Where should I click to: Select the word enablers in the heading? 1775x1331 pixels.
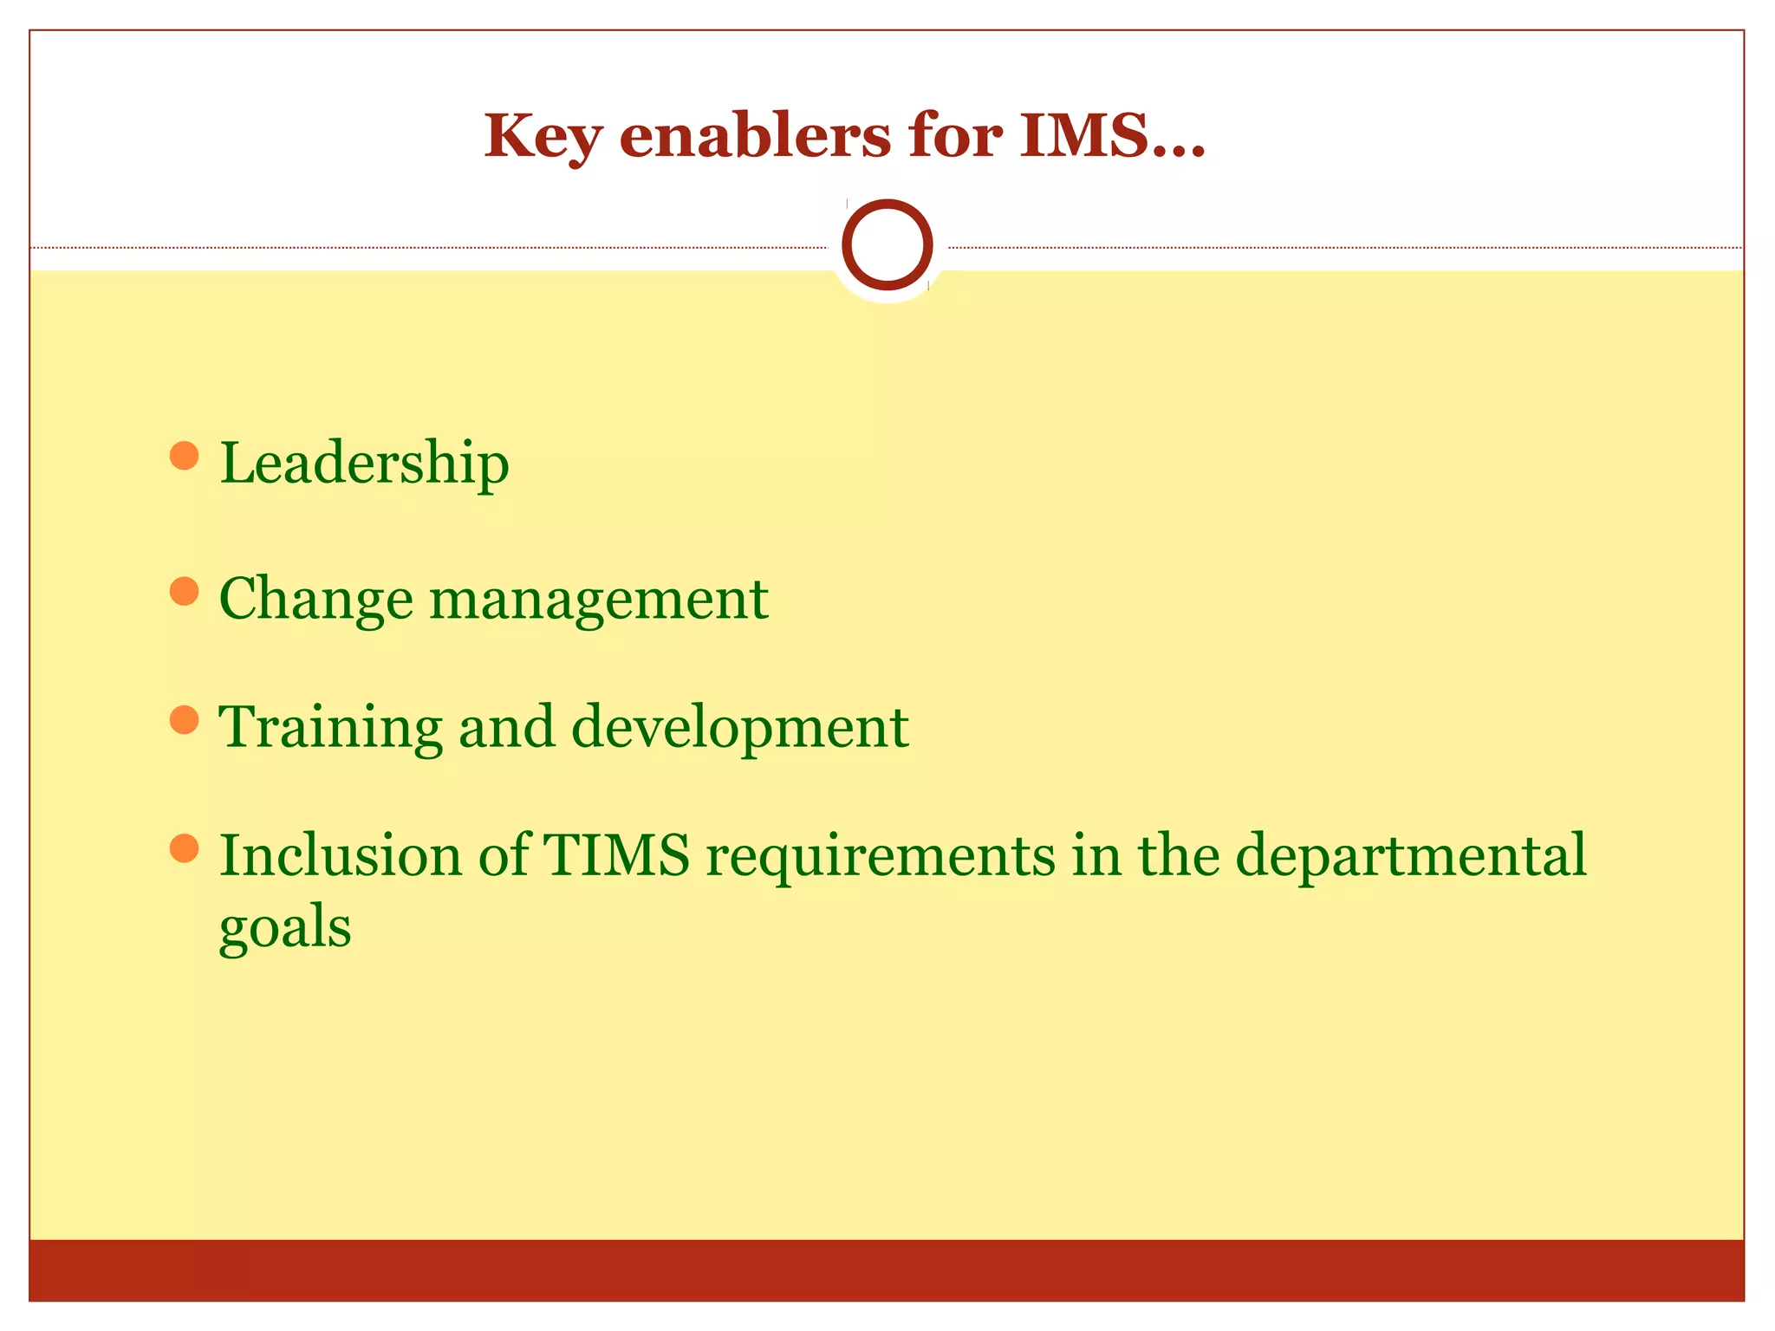[x=755, y=136]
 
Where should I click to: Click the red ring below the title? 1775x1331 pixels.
[x=887, y=245]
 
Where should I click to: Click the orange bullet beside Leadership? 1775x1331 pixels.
[x=184, y=456]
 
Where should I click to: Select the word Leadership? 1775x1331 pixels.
[x=364, y=464]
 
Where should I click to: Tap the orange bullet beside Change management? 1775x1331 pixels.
[x=184, y=592]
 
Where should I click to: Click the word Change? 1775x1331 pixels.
[x=315, y=600]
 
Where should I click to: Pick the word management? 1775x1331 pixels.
[x=598, y=600]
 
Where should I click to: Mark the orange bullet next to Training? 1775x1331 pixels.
[x=184, y=719]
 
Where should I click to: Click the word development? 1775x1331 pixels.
[x=740, y=728]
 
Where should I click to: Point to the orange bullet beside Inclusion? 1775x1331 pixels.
[x=184, y=848]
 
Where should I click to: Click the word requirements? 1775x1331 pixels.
[x=881, y=856]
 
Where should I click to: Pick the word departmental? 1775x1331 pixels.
[x=1410, y=856]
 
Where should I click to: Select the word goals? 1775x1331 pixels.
[x=285, y=927]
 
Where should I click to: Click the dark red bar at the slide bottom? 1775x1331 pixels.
[x=887, y=1269]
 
